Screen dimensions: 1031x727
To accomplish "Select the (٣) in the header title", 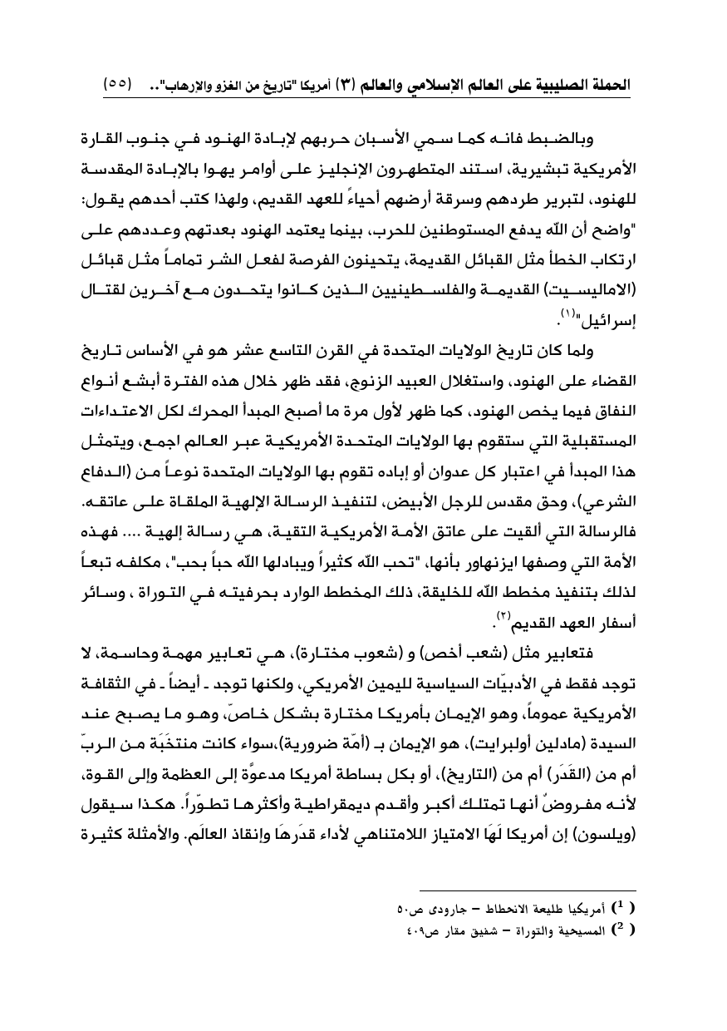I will coord(345,85).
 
